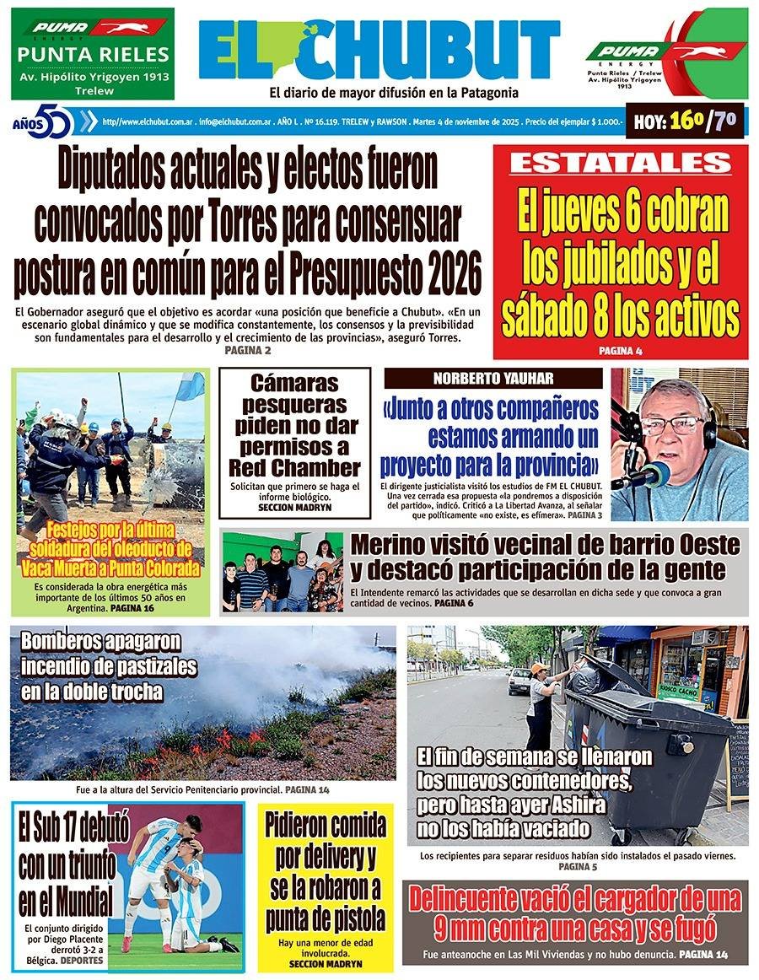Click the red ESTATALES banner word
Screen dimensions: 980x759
click(x=620, y=163)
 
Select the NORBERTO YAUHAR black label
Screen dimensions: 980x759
click(x=493, y=379)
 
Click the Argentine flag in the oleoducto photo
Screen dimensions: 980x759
click(x=190, y=386)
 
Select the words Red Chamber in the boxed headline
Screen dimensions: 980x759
click(x=294, y=467)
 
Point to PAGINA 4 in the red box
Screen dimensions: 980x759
click(x=621, y=350)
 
